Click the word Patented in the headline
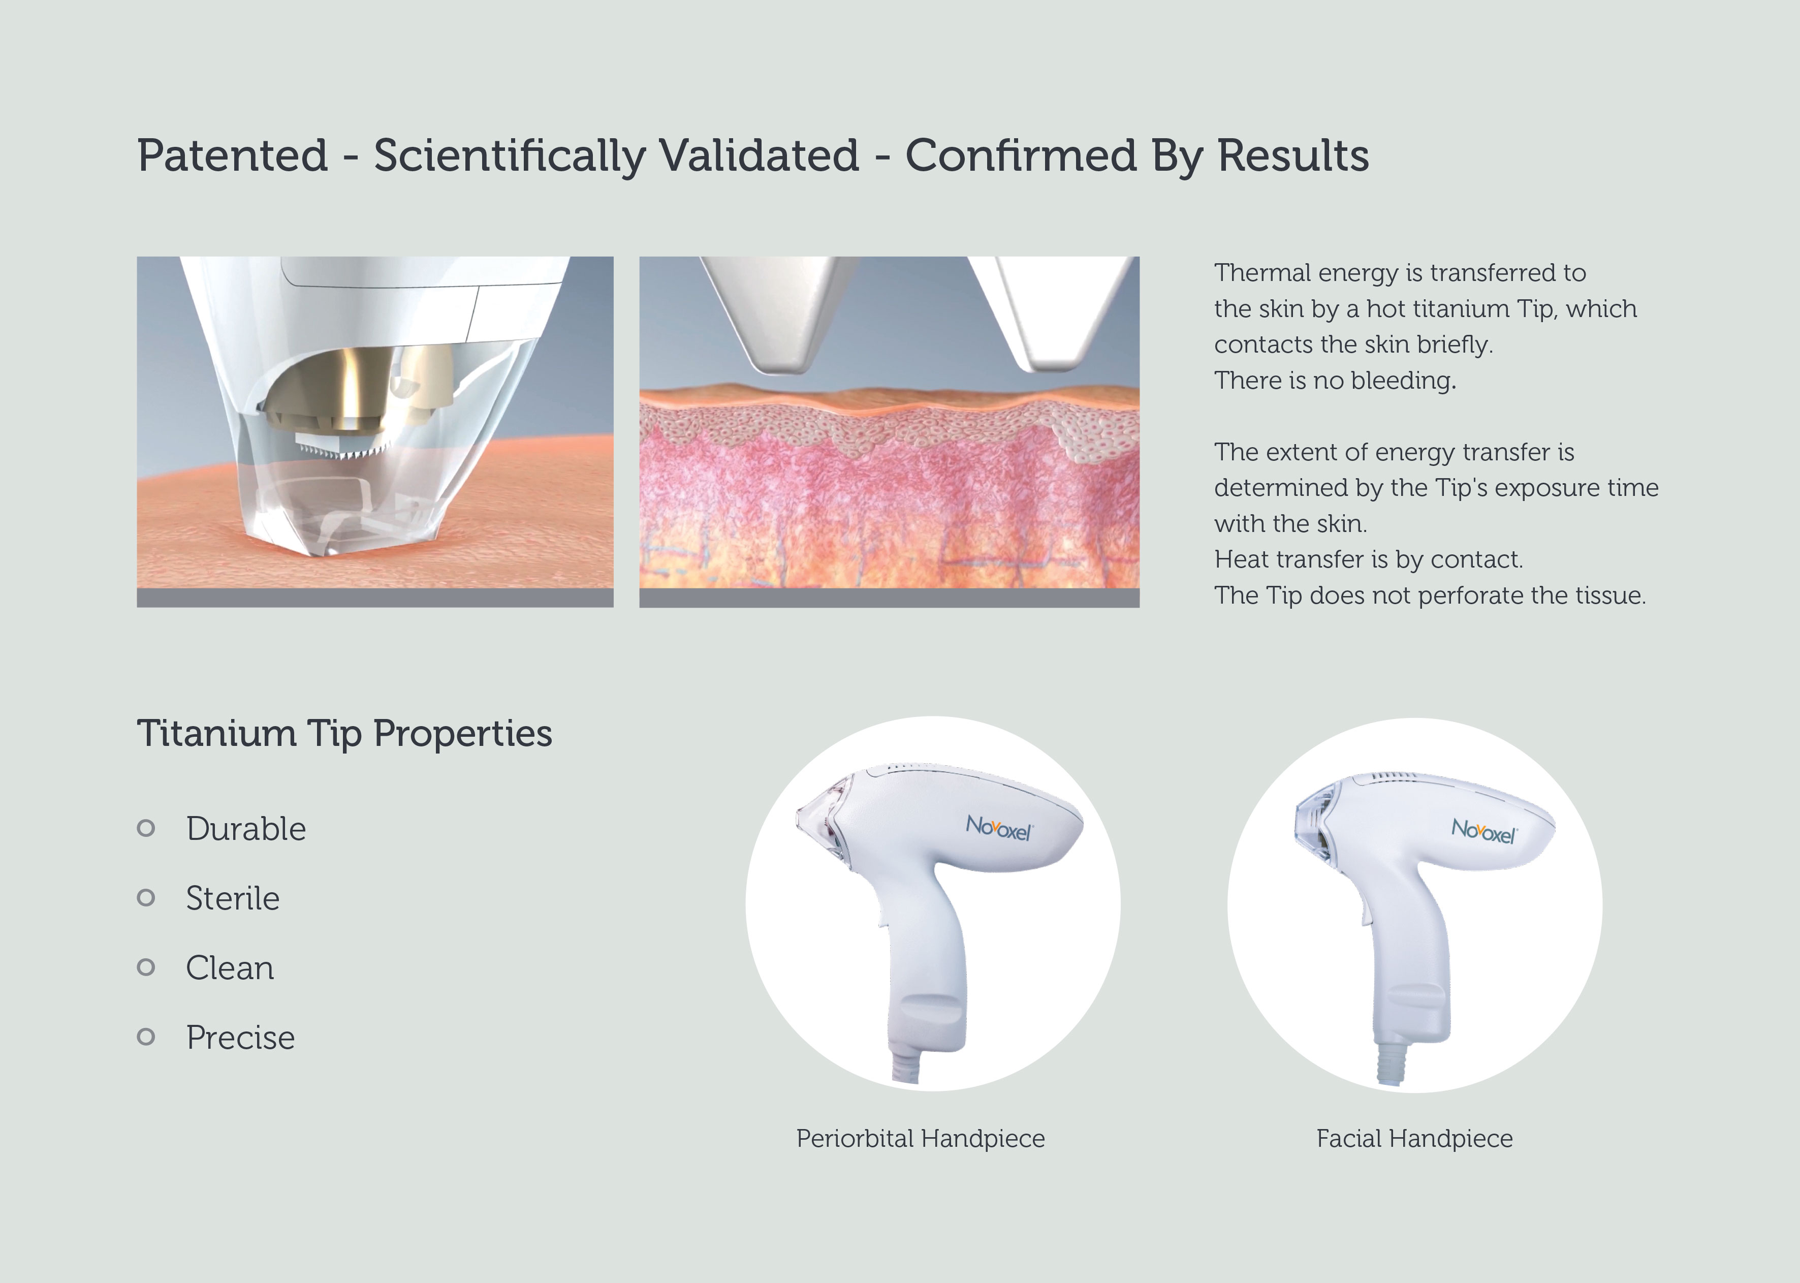click(x=232, y=155)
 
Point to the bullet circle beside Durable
click(x=146, y=828)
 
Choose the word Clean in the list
click(x=230, y=968)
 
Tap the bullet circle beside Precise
click(x=146, y=1037)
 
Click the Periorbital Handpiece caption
click(x=920, y=1138)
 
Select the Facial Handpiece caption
click(x=1414, y=1138)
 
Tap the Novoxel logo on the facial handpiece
click(x=1484, y=830)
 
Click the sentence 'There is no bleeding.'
click(x=1335, y=381)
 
